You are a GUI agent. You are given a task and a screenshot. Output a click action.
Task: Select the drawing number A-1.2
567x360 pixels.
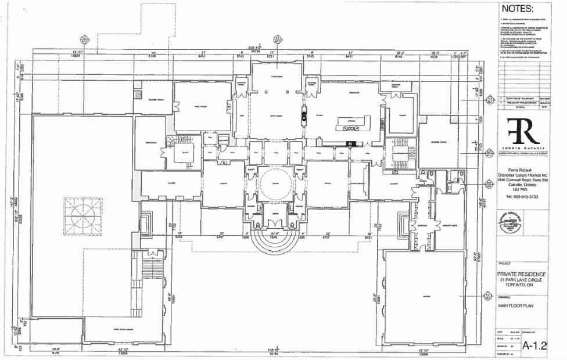pos(536,345)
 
